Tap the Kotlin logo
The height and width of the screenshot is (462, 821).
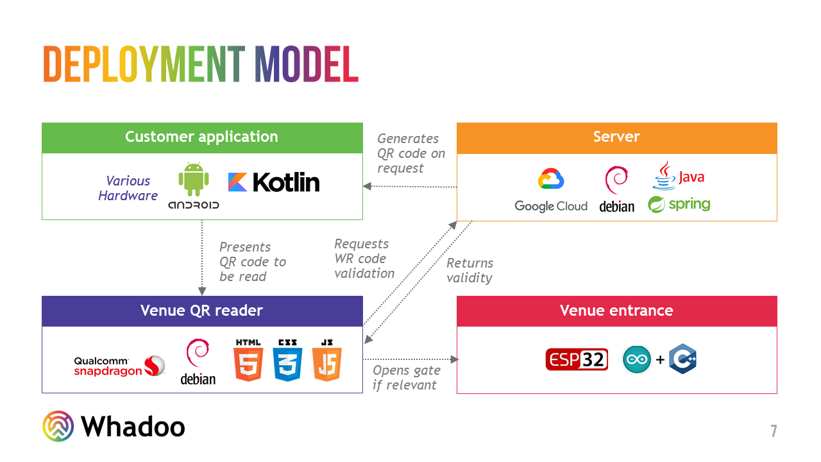click(x=274, y=182)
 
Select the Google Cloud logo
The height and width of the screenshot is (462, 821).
click(x=551, y=190)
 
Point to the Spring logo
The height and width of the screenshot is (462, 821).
click(x=679, y=205)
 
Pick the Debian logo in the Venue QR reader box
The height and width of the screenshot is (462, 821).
click(x=198, y=362)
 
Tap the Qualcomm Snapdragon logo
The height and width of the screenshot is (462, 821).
click(x=119, y=366)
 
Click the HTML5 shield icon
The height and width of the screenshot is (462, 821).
click(x=249, y=361)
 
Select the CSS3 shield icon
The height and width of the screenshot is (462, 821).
click(x=287, y=361)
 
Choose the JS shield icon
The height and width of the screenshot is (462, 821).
click(x=326, y=361)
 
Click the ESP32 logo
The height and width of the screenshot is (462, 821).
click(x=577, y=360)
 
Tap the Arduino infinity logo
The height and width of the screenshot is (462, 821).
click(x=637, y=360)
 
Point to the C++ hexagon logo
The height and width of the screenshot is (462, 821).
click(x=682, y=359)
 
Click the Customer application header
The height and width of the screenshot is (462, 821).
click(x=202, y=137)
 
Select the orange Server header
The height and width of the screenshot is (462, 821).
click(x=616, y=137)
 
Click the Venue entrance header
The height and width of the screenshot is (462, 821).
click(x=616, y=311)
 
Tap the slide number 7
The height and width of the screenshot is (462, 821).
click(x=774, y=431)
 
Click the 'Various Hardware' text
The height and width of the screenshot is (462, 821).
click(x=128, y=189)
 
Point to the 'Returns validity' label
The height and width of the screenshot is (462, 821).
click(x=470, y=270)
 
